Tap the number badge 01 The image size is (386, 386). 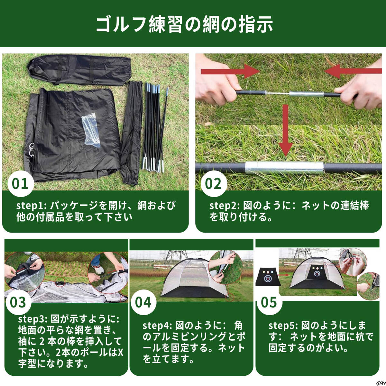(x=20, y=184)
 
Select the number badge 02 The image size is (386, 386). (x=213, y=184)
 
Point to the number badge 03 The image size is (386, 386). (x=18, y=302)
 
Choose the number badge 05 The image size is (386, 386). (x=269, y=302)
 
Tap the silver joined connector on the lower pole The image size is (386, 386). (x=285, y=168)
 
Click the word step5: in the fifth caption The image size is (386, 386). (x=283, y=326)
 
